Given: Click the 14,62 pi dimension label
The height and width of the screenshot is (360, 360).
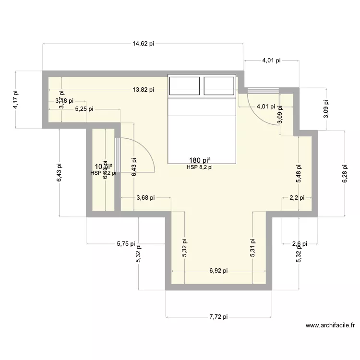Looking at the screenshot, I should coord(144,44).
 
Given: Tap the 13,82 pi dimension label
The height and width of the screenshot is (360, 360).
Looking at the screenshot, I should coord(144,90).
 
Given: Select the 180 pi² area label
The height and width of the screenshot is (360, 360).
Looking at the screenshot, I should coord(201,161).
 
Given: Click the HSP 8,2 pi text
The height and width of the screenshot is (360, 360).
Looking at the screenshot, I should coord(200,168).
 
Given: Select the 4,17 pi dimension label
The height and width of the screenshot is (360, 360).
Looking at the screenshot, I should coord(16,100).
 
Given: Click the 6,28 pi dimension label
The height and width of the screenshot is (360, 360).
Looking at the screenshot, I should coord(345,173).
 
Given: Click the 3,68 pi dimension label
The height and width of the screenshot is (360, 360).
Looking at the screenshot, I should coord(146,197).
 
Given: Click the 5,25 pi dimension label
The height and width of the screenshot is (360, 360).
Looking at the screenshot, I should coord(84,109).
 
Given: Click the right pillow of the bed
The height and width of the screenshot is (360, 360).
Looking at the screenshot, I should coord(219,85).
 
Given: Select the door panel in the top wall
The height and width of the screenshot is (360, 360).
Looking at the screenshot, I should coord(263,90).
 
